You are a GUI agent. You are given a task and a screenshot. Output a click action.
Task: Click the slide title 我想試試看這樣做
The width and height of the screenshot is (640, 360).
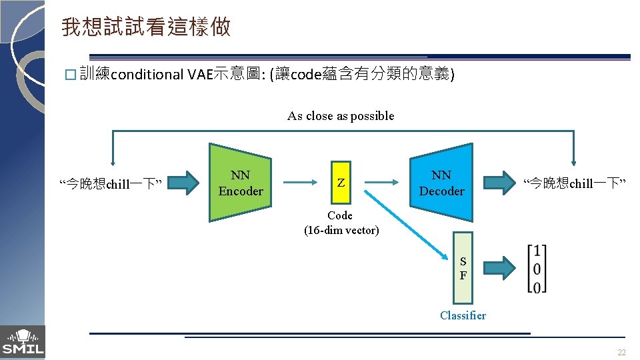(146, 27)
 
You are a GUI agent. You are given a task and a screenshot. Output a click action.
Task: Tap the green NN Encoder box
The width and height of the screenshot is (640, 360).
(240, 183)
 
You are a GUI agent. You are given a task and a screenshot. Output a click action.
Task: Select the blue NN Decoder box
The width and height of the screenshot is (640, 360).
(441, 183)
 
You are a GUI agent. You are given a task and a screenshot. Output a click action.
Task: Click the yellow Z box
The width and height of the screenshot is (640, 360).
(341, 182)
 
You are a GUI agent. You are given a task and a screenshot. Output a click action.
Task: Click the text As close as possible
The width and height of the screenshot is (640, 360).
(341, 116)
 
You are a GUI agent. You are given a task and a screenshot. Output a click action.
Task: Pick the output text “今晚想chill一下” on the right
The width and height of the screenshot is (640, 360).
(574, 183)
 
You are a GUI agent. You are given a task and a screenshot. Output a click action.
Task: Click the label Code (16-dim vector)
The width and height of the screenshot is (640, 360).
(341, 223)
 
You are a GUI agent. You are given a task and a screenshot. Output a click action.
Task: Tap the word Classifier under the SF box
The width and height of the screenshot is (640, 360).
(463, 315)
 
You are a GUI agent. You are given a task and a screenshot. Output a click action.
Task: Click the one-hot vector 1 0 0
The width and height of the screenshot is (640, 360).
(537, 268)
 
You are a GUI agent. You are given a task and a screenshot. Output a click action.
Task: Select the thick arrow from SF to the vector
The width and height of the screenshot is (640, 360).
(499, 267)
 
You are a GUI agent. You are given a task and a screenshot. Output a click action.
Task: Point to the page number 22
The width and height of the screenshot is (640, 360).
(621, 353)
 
